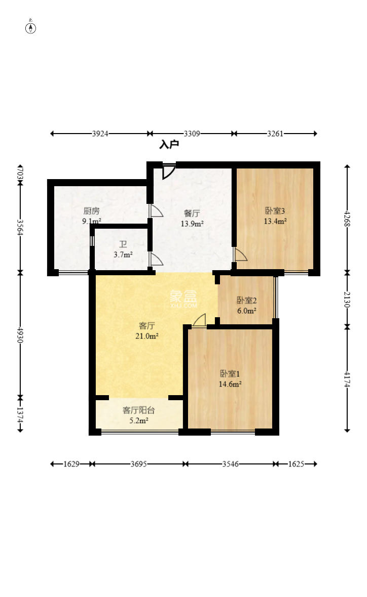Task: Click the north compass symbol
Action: coord(30,28)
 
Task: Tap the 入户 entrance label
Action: coord(169,145)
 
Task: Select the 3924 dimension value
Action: coord(100,134)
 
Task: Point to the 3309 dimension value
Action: coord(192,134)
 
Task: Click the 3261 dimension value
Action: coord(275,134)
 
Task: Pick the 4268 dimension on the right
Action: coord(347,219)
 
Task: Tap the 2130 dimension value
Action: coord(347,300)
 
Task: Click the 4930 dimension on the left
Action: coord(20,335)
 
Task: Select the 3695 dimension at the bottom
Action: coord(138,464)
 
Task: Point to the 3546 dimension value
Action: coord(231,464)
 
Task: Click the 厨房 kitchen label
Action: coord(92,211)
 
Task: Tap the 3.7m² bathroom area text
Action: coord(123,254)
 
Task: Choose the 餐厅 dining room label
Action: coord(192,213)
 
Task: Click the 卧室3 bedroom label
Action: coord(275,210)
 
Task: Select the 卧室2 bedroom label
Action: coord(246,301)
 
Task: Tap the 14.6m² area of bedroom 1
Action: coord(230,384)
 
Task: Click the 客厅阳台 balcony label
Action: coord(138,410)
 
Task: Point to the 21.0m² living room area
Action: coord(147,336)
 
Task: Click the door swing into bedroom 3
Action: coord(240,254)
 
